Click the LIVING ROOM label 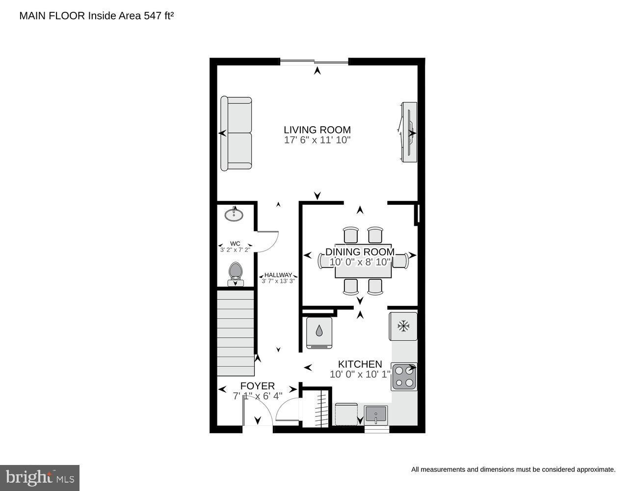[x=317, y=130]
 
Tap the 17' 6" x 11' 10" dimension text [x=317, y=140]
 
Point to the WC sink [x=234, y=215]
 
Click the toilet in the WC [x=236, y=273]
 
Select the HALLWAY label [x=278, y=275]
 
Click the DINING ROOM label [x=360, y=252]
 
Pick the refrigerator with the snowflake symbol [x=403, y=326]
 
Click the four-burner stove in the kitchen [x=404, y=377]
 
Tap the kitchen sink [x=375, y=415]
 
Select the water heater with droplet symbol [x=319, y=332]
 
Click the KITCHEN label [x=360, y=364]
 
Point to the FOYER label [x=257, y=386]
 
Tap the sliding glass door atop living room [x=314, y=62]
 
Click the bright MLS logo [x=40, y=477]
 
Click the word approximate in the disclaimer [x=595, y=469]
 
